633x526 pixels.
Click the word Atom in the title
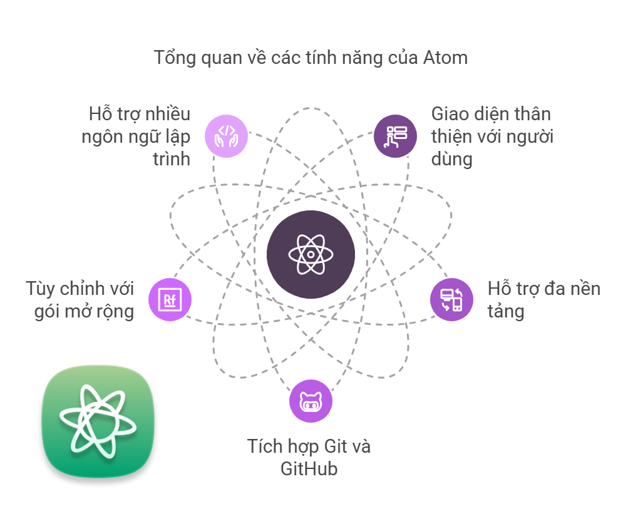(x=445, y=58)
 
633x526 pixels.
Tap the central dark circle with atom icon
(x=311, y=255)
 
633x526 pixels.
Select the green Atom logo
(x=98, y=421)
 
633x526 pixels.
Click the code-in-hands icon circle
(x=226, y=135)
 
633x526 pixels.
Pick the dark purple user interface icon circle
(x=395, y=135)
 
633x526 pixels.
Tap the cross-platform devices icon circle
(x=451, y=299)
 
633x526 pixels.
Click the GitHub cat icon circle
(x=311, y=401)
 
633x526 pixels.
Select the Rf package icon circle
(x=170, y=299)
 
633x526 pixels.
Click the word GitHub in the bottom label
(x=309, y=468)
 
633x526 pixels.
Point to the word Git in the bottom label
(x=336, y=446)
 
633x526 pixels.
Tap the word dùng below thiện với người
(x=451, y=158)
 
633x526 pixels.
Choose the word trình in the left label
(x=172, y=158)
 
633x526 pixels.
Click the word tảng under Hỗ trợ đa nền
(x=505, y=311)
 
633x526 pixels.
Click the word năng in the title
(x=359, y=58)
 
